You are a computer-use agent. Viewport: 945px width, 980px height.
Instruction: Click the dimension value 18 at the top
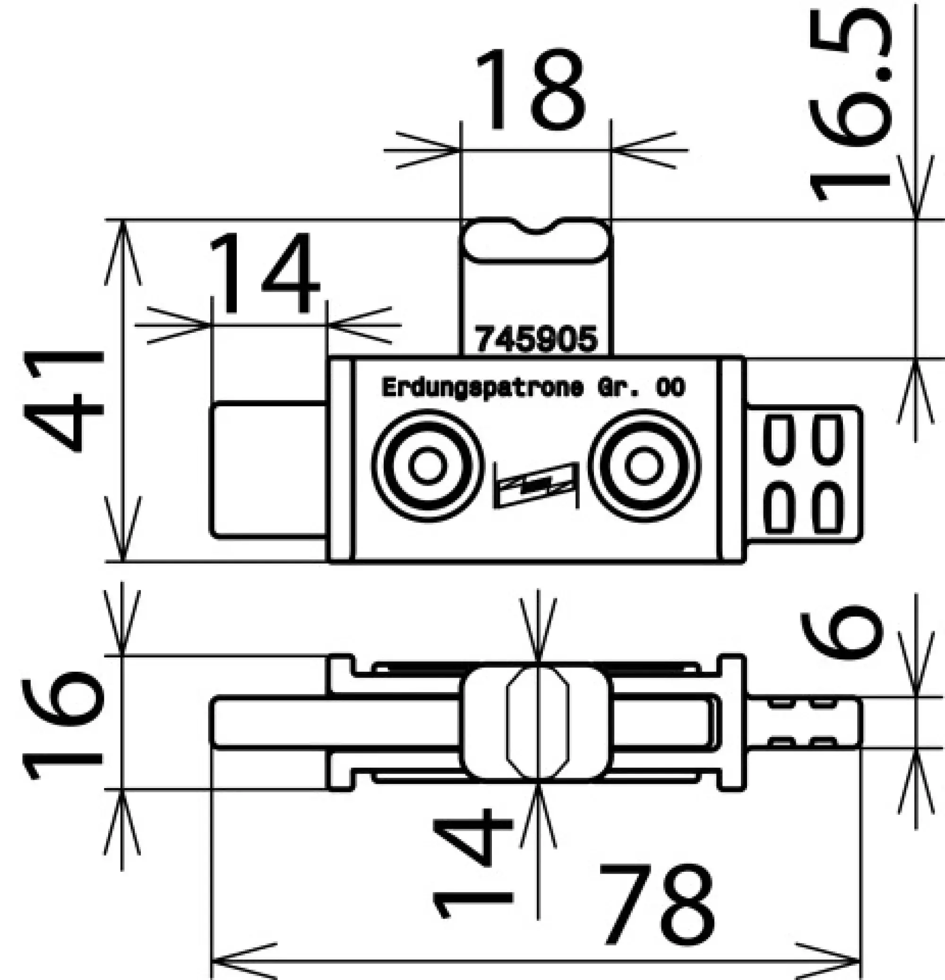coord(531,90)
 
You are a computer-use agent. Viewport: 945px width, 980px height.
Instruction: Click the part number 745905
coord(536,339)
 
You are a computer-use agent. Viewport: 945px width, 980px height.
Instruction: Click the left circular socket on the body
coord(428,466)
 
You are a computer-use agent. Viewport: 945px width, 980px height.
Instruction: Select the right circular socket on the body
coord(644,466)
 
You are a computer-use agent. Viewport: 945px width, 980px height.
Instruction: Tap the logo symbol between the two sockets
coord(536,484)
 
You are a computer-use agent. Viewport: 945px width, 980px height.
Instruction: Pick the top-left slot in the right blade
coord(781,440)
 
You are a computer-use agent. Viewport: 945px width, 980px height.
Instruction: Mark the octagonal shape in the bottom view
coord(538,722)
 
